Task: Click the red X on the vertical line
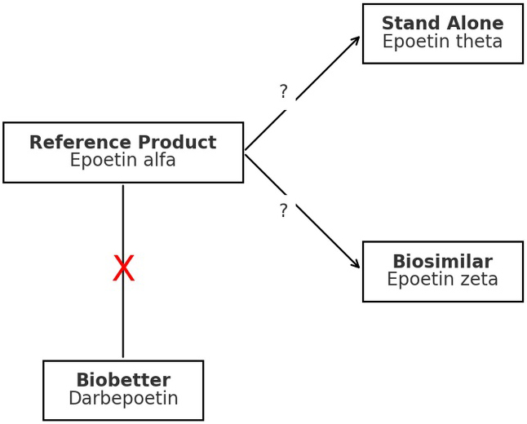click(x=123, y=269)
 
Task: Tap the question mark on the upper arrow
click(x=283, y=92)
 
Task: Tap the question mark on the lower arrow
click(x=283, y=211)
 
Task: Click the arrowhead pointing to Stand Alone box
click(x=356, y=38)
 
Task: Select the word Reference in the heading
click(x=75, y=143)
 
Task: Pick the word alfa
click(x=159, y=161)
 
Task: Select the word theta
click(x=479, y=42)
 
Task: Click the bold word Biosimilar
click(x=442, y=262)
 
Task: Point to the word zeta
click(x=479, y=280)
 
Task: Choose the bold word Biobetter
click(x=123, y=381)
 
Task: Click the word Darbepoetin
click(x=123, y=399)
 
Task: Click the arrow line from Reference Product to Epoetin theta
click(x=326, y=68)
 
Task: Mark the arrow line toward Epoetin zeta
click(x=326, y=235)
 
